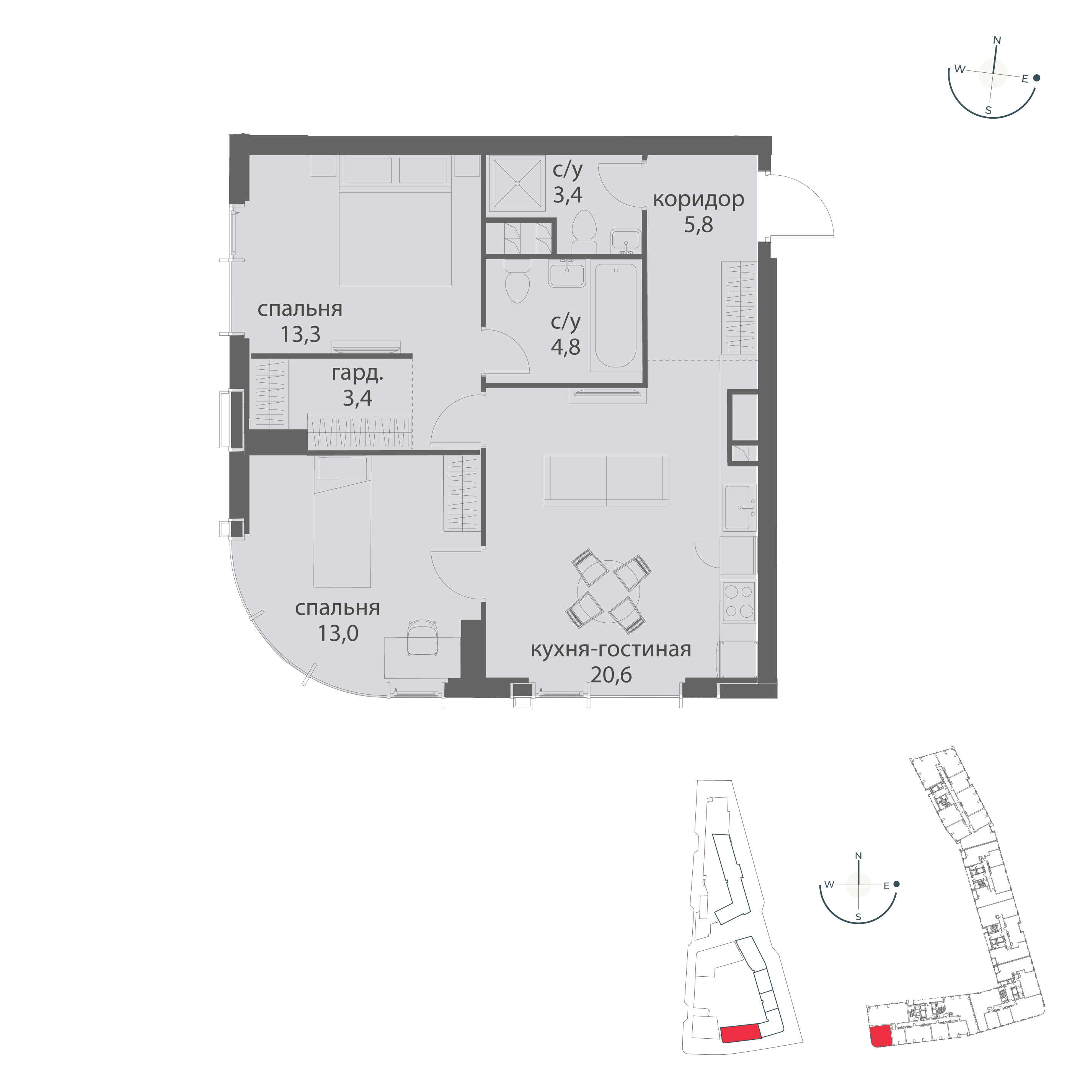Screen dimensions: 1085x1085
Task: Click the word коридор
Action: (698, 199)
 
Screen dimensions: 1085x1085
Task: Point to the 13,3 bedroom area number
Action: (300, 334)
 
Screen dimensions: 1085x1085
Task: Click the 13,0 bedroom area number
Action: (338, 633)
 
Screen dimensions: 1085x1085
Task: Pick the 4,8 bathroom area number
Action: (566, 347)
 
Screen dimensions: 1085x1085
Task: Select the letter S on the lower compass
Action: (858, 933)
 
